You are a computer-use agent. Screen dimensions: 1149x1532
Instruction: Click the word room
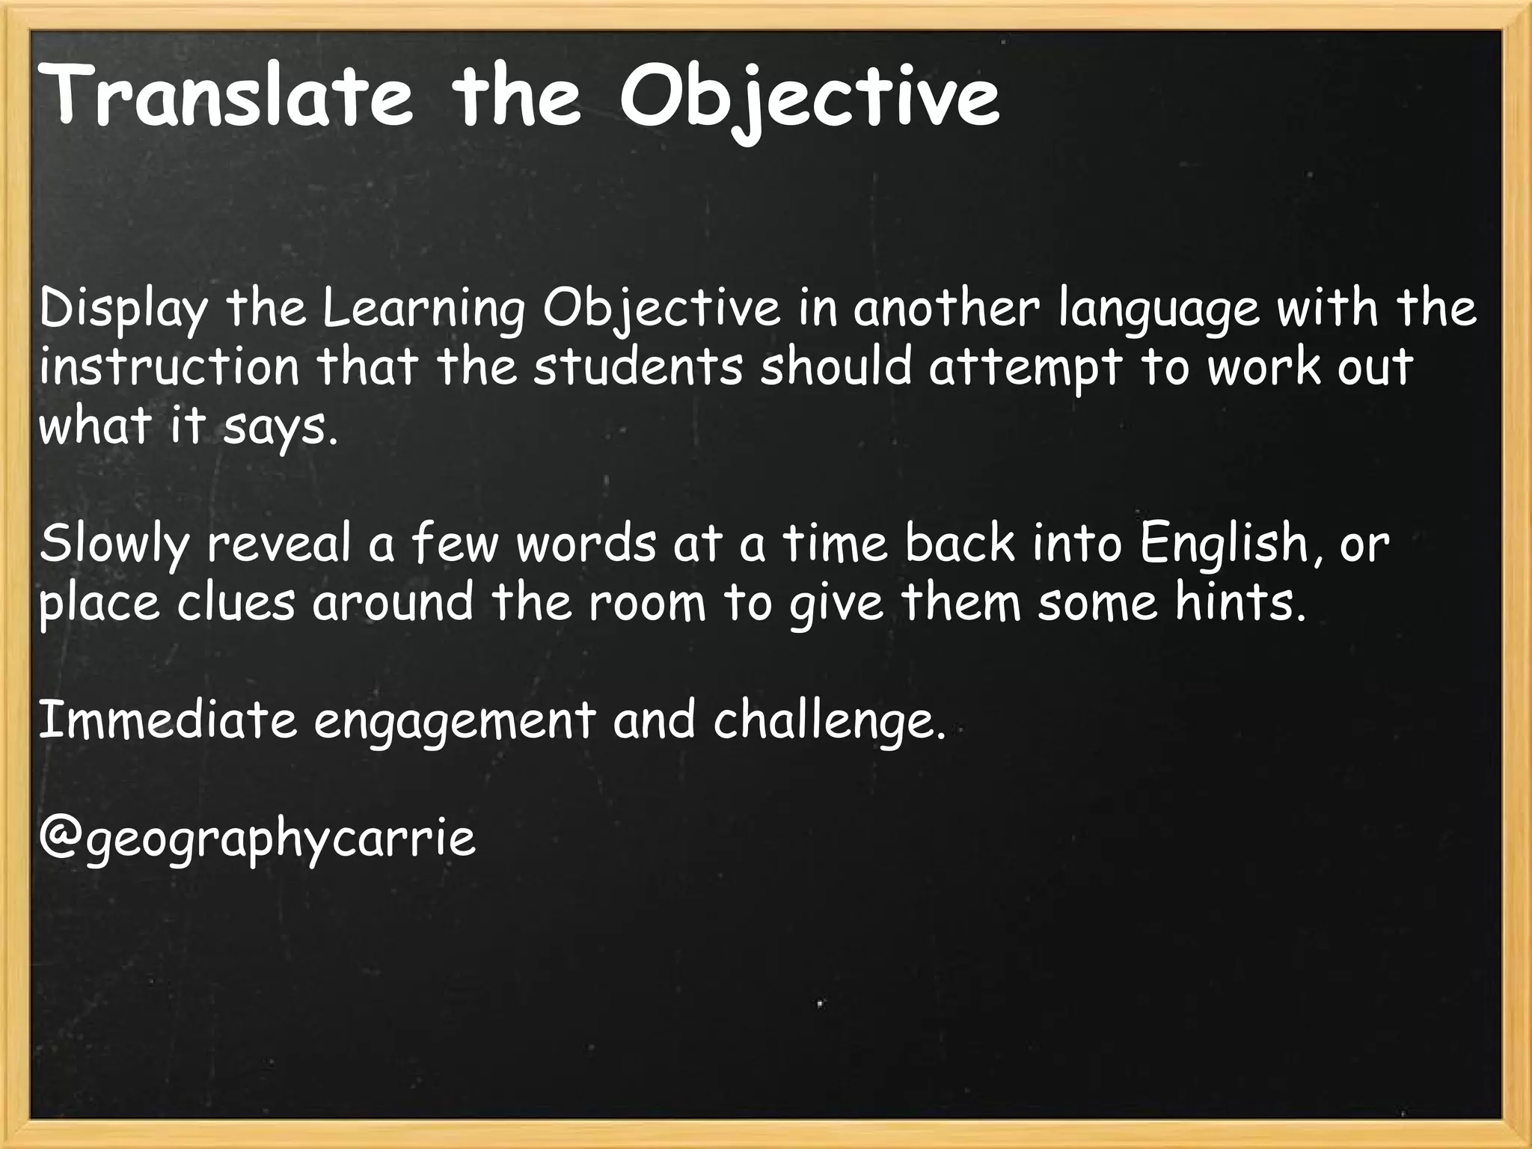647,604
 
